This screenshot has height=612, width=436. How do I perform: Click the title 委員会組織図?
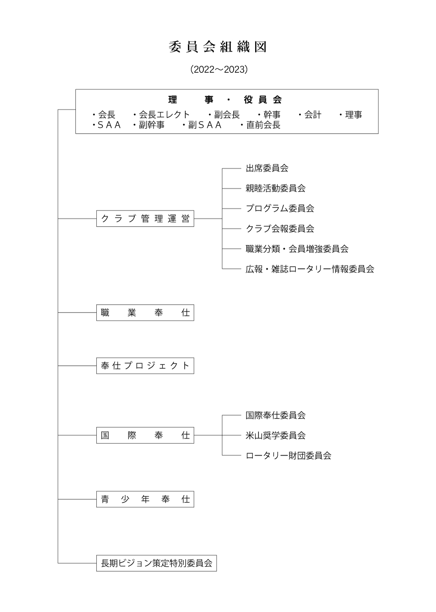[218, 47]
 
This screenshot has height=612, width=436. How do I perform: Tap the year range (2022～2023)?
[219, 70]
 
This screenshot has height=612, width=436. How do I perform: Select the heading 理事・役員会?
[225, 100]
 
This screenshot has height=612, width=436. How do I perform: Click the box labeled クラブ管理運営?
[145, 218]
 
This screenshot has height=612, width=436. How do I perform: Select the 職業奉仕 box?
[145, 313]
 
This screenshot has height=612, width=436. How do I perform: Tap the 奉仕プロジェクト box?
[145, 366]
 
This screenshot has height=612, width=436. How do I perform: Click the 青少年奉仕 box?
[145, 499]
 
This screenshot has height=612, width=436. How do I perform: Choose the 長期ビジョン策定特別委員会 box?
[157, 563]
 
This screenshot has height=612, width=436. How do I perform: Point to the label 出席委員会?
[267, 168]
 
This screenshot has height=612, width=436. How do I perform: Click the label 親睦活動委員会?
[276, 188]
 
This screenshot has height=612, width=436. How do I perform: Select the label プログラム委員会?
[280, 208]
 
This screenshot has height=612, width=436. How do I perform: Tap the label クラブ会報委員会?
[280, 229]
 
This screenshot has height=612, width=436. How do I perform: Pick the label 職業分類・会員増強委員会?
[297, 249]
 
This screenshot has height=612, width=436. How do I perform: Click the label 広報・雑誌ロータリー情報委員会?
[310, 269]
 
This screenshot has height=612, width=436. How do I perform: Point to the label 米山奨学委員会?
[276, 435]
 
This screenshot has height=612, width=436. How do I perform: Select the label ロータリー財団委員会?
[288, 456]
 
